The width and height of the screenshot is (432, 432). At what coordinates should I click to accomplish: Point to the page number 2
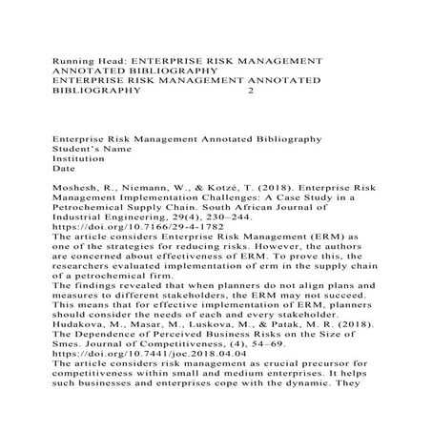(251, 93)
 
